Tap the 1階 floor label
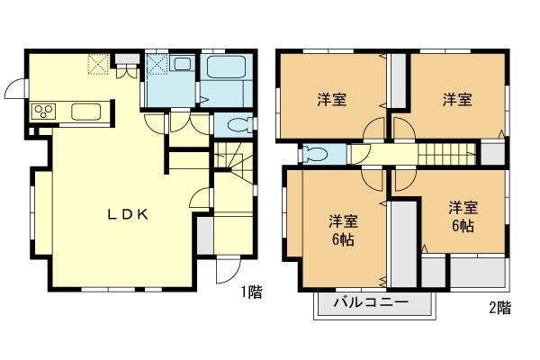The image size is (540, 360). click(251, 292)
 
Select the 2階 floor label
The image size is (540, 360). click(499, 309)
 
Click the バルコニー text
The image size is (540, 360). click(372, 302)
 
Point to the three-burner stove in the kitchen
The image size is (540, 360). click(44, 111)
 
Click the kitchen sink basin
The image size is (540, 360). click(85, 111)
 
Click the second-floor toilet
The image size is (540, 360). click(313, 153)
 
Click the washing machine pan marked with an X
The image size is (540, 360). click(157, 66)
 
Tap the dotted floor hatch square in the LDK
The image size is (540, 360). click(97, 65)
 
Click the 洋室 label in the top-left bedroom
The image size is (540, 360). click(332, 99)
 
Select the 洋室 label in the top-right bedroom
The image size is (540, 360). click(457, 99)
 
